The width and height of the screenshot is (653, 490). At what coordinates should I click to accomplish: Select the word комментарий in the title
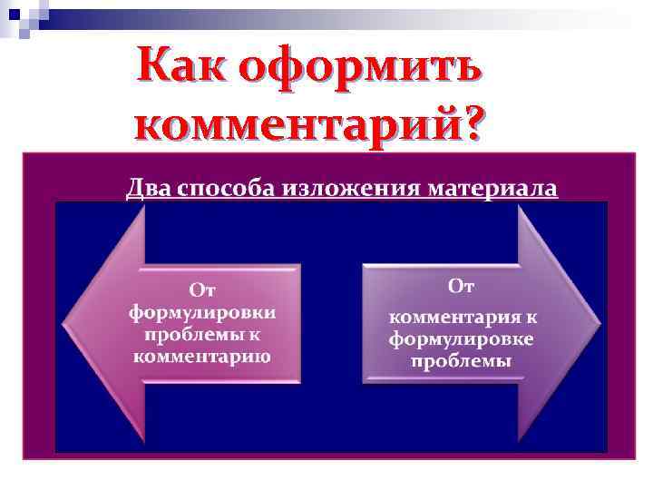tap(295, 122)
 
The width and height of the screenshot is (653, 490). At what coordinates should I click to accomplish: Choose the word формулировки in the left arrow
tap(202, 311)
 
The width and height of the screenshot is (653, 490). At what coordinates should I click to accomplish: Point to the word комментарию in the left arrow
tap(202, 355)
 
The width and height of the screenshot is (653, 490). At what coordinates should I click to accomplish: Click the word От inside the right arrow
tap(462, 288)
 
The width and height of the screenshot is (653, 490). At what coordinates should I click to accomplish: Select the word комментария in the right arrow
tap(450, 318)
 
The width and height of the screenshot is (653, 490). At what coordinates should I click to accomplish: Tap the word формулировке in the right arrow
tap(462, 339)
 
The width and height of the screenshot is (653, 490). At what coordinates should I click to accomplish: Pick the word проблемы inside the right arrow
tap(462, 361)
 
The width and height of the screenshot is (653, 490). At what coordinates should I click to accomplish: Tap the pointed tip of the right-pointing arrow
tap(599, 323)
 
